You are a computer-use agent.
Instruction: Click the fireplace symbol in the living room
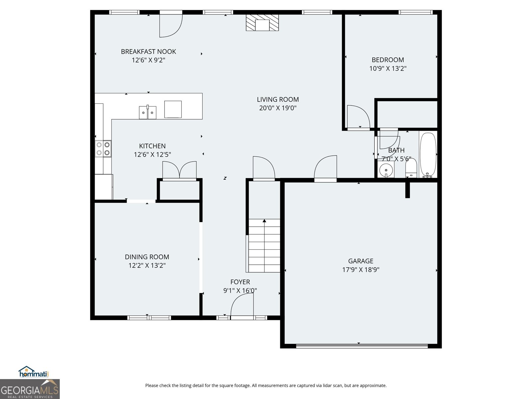262,23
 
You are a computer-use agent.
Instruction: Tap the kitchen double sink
148,112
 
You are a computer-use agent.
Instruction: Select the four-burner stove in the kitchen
103,149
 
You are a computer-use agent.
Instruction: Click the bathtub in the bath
428,155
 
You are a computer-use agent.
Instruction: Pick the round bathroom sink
386,170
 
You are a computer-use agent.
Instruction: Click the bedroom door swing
358,117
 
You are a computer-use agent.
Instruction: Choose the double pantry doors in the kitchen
179,170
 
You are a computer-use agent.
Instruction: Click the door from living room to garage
326,169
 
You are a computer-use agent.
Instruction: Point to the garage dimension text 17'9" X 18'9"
361,270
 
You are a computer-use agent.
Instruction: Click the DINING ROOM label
147,257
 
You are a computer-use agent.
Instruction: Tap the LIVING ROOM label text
278,99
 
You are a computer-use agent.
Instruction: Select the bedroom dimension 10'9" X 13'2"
388,68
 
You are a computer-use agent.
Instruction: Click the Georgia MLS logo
30,389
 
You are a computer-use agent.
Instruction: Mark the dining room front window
149,318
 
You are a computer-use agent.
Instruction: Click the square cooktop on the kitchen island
173,109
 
